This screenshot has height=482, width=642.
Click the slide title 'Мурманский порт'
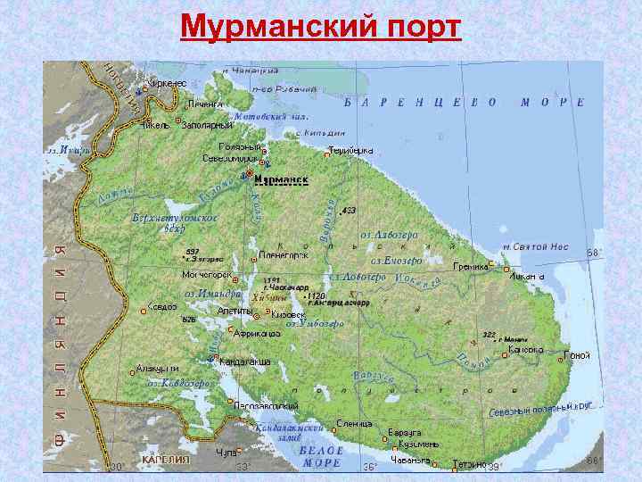coord(321,27)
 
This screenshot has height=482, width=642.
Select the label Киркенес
coord(166,83)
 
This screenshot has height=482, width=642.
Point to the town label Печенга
coord(206,104)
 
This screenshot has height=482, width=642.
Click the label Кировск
coord(289,315)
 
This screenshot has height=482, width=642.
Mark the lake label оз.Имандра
coord(212,294)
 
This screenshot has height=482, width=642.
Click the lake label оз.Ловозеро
coord(389,235)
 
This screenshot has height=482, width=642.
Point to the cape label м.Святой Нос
coord(535,246)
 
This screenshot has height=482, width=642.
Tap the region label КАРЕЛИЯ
coord(166,461)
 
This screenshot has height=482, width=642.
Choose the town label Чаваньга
coord(410,461)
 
